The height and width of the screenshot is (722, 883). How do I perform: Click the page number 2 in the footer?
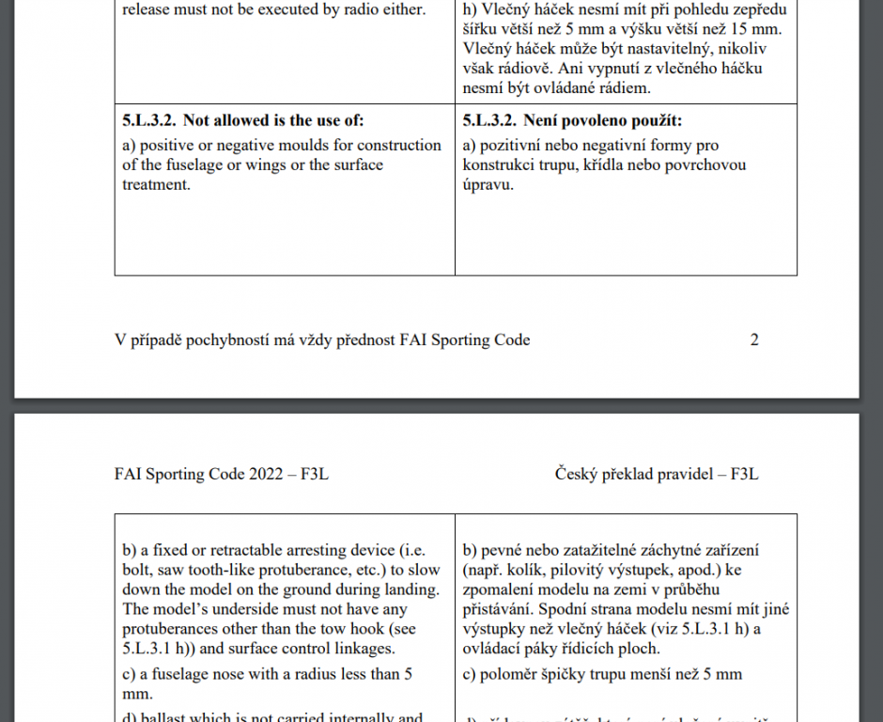pyautogui.click(x=754, y=340)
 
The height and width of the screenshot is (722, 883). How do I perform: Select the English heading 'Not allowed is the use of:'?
pyautogui.click(x=272, y=120)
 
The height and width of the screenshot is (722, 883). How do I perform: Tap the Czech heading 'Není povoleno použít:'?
pyautogui.click(x=602, y=120)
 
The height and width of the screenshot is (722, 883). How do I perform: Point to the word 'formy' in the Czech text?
pyautogui.click(x=674, y=145)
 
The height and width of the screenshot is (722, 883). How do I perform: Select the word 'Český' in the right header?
pyautogui.click(x=575, y=474)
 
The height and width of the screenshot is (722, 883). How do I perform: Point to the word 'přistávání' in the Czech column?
pyautogui.click(x=500, y=609)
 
